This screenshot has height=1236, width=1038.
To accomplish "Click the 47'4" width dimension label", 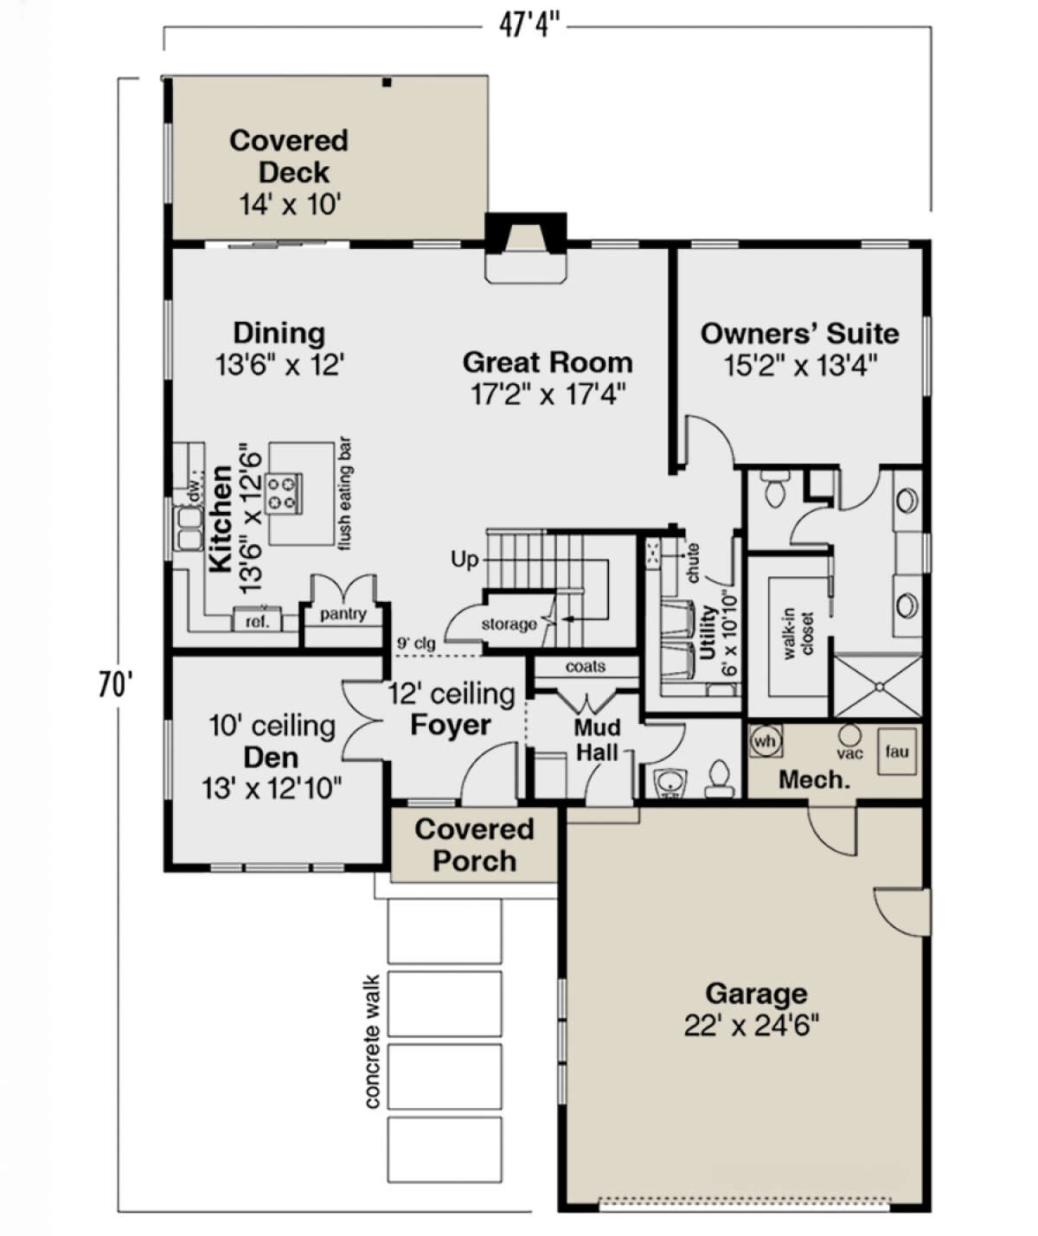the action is [x=529, y=25].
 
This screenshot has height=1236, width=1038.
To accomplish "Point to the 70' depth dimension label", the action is [x=115, y=686].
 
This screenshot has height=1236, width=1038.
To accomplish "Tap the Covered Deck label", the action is [x=289, y=157].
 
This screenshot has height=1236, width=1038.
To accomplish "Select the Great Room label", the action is [x=548, y=362].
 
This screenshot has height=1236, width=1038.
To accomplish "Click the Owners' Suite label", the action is [x=800, y=333].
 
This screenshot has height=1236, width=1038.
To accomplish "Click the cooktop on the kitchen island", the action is [x=284, y=493].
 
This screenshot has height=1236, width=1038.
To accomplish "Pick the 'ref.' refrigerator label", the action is [x=257, y=622].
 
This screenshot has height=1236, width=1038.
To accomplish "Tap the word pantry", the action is [x=343, y=614].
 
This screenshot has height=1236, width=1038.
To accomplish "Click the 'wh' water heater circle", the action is [x=766, y=741].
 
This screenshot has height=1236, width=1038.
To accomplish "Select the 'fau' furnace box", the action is [x=896, y=751].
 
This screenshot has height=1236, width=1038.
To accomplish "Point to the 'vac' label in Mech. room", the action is [x=849, y=753].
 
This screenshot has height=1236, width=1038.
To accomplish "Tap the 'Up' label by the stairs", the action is [x=465, y=559].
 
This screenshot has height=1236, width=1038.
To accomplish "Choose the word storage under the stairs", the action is [x=509, y=624].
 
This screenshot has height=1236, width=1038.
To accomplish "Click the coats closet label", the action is [x=585, y=667].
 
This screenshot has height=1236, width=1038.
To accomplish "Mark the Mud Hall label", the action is [x=598, y=740].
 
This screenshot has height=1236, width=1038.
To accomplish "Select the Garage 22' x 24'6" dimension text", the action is [x=752, y=1025].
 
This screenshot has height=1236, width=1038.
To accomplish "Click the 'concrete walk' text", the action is [x=372, y=1042].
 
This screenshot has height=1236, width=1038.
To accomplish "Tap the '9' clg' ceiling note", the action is [x=416, y=644].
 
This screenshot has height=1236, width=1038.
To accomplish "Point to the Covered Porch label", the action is [x=474, y=845].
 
